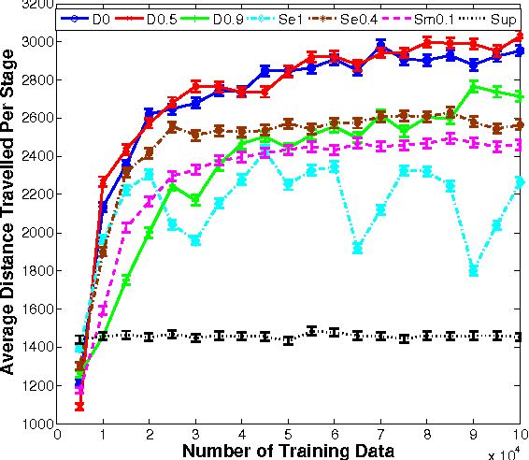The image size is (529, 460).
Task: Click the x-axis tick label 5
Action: (288, 435)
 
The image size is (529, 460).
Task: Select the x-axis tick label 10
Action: (518, 435)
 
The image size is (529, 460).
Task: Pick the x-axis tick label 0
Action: (57, 435)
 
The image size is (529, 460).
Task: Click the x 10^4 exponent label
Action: (506, 453)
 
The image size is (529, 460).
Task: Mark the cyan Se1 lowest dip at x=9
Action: (474, 271)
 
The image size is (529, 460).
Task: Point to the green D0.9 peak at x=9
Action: (474, 86)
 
